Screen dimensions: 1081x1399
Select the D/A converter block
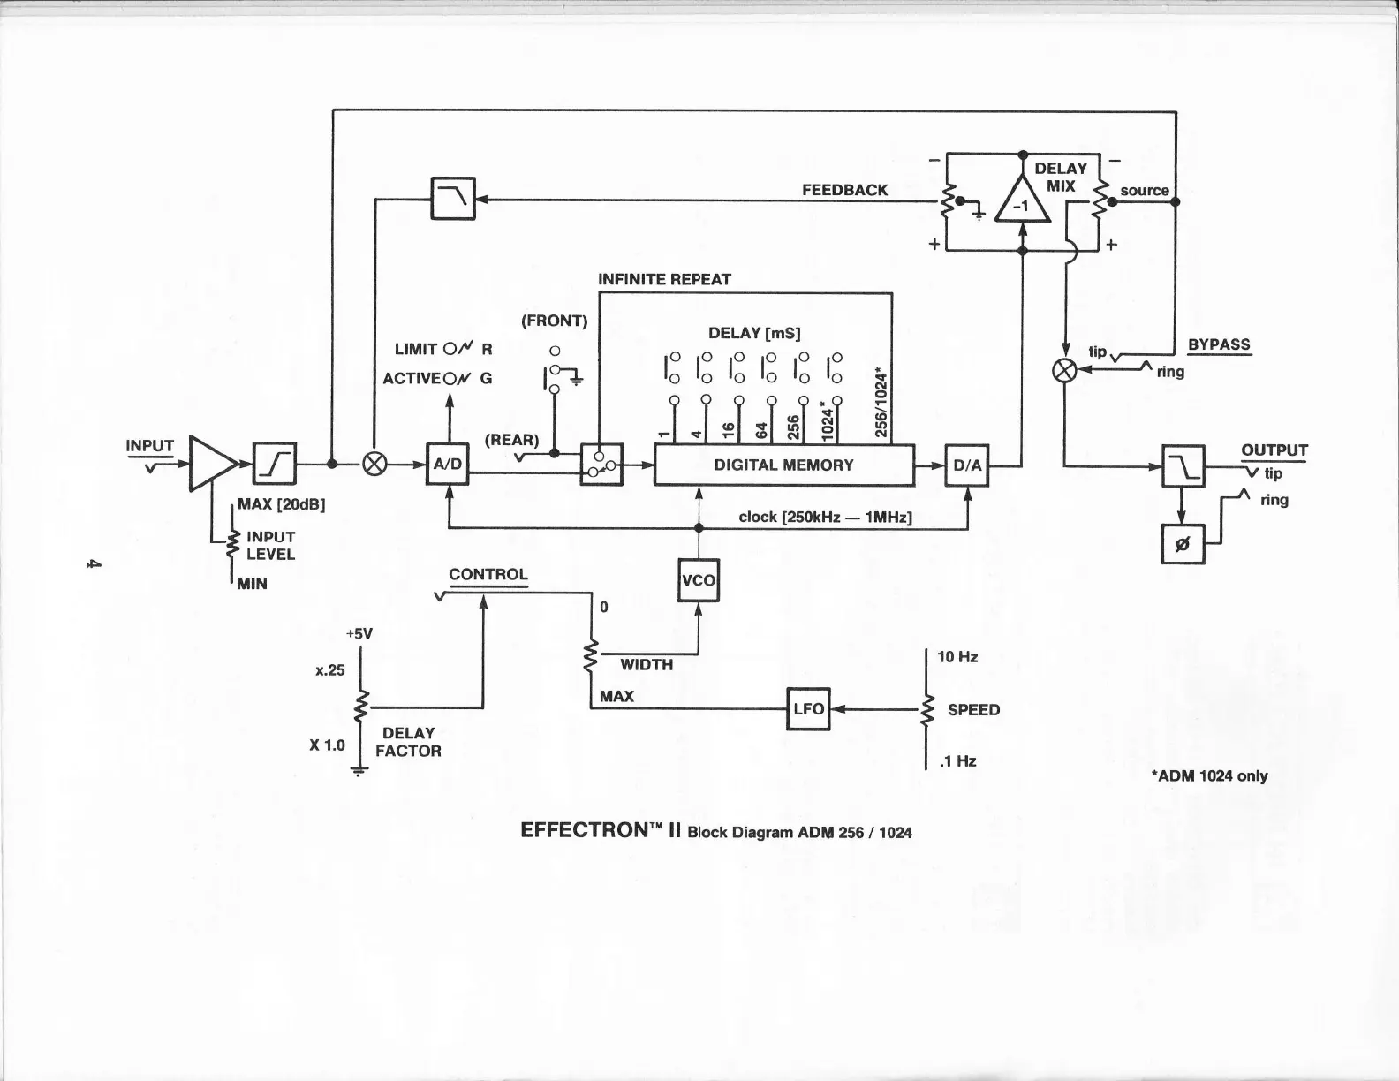[967, 465]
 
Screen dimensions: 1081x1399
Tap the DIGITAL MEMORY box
[783, 465]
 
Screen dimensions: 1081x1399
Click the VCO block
[699, 580]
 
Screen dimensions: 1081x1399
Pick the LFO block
[808, 708]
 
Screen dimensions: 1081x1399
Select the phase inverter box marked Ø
[1183, 544]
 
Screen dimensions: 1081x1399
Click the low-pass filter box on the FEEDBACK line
[453, 199]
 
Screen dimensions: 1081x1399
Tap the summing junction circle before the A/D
[375, 465]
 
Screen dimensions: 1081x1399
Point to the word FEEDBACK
[844, 190]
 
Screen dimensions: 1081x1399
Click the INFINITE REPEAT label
[664, 279]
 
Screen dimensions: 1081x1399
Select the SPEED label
[973, 710]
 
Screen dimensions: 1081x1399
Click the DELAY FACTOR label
[408, 742]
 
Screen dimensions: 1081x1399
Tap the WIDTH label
[647, 665]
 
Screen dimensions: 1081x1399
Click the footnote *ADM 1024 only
[1209, 776]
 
